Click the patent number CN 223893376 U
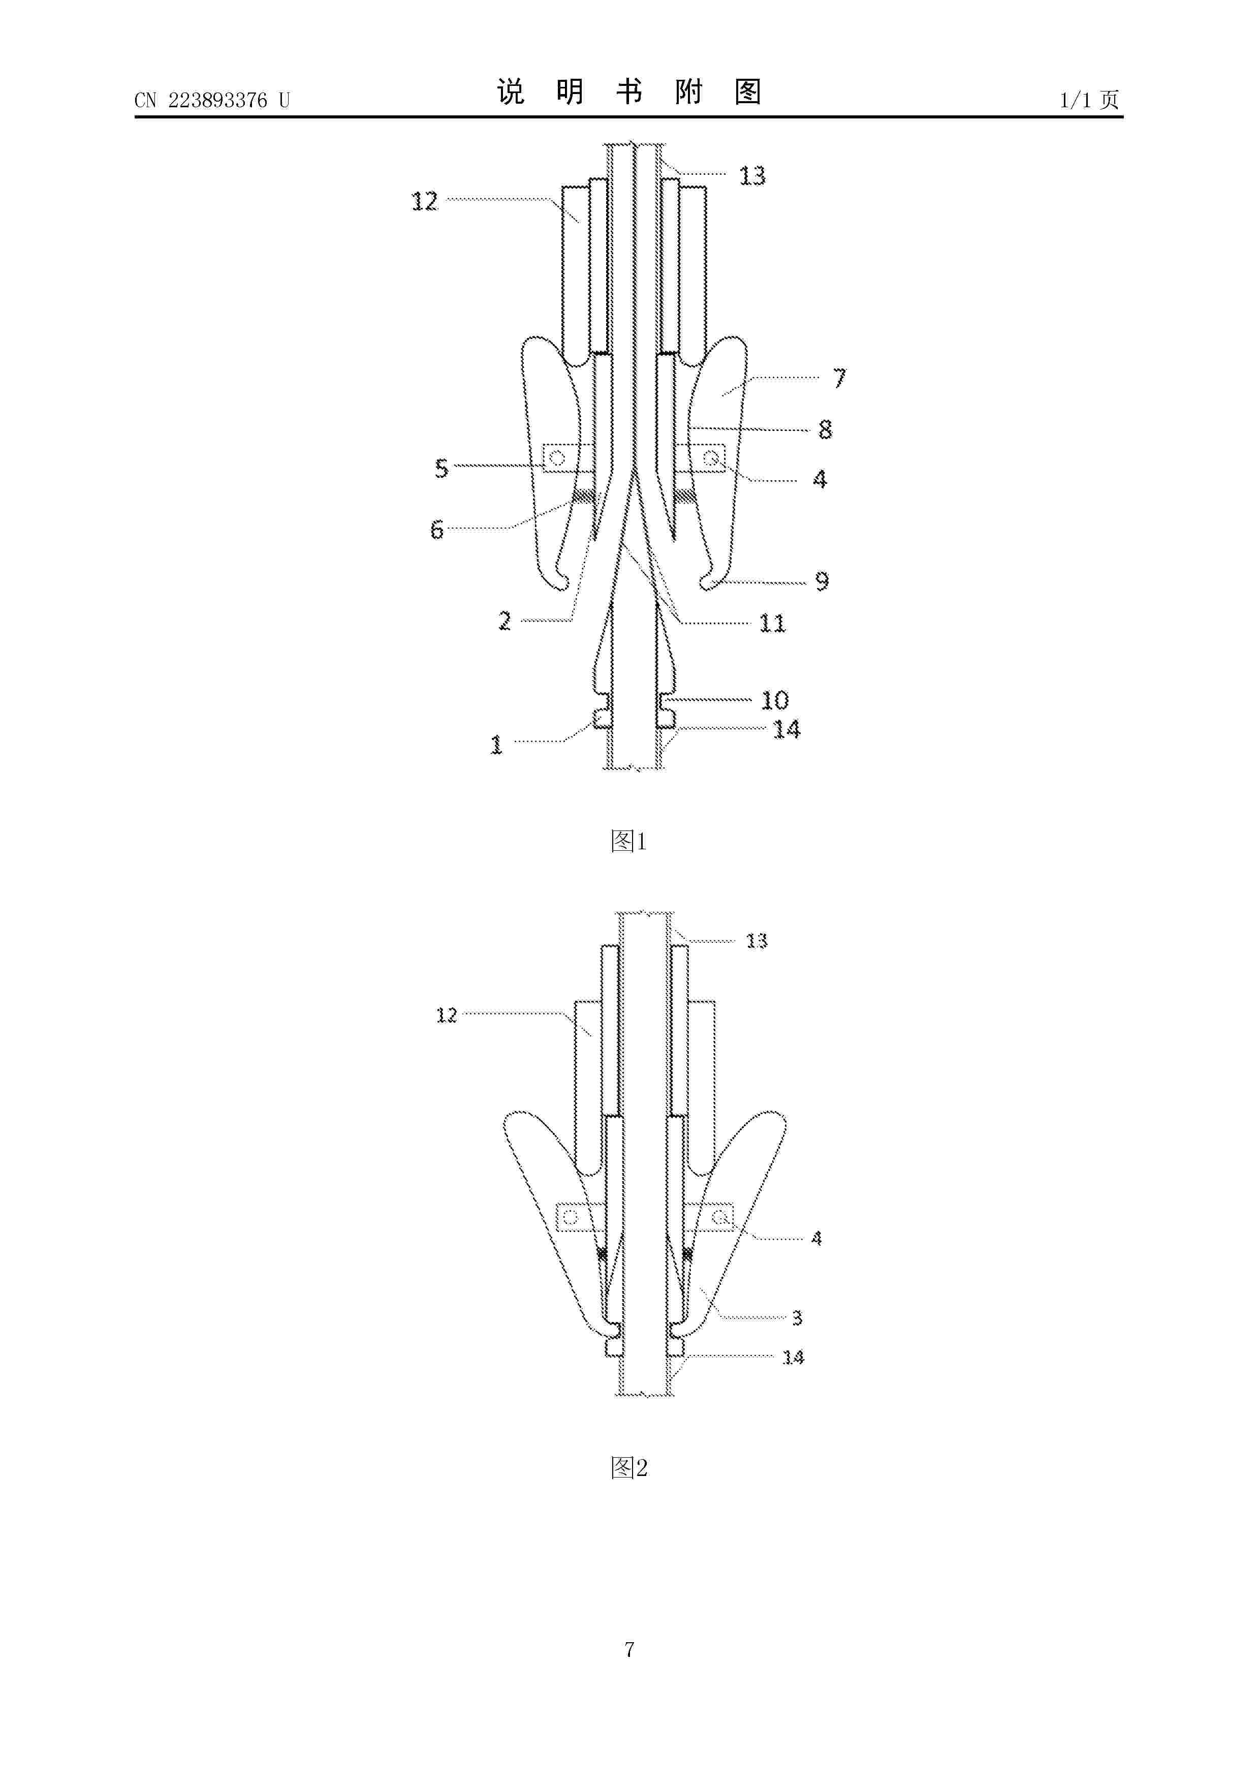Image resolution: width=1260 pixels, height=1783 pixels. point(212,100)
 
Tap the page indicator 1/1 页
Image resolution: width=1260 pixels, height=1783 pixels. point(1090,100)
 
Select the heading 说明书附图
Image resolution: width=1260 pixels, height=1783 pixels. point(629,91)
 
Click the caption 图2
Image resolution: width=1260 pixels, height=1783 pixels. point(629,1468)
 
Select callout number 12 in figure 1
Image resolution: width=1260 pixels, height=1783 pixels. point(425,202)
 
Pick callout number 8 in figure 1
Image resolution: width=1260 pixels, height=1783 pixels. point(825,429)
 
